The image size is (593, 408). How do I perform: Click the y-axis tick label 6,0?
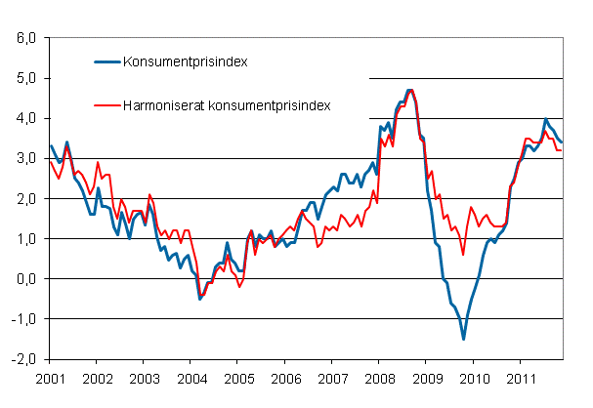[24, 38]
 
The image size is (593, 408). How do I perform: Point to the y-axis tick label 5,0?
[24, 78]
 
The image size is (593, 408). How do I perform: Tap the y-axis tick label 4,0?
[24, 118]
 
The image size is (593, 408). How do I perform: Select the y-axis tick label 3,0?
[24, 158]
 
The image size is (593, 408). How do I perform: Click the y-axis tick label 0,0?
[24, 278]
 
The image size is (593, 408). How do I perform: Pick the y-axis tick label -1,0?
[22, 318]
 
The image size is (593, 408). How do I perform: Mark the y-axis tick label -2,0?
[22, 358]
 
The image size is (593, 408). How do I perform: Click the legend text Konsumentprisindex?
[184, 61]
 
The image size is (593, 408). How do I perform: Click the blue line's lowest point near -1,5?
[463, 339]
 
